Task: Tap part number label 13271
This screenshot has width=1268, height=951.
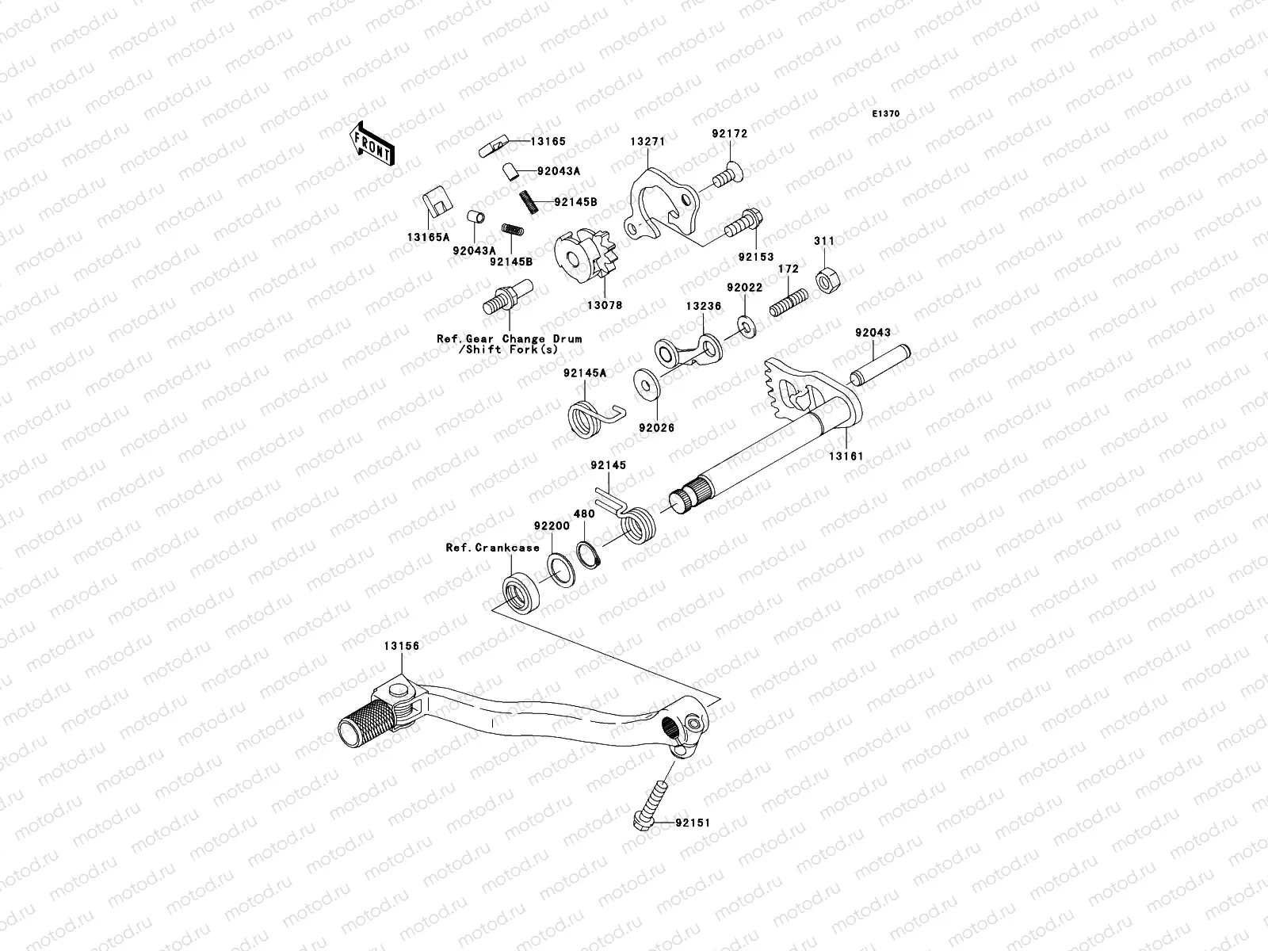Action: pos(647,141)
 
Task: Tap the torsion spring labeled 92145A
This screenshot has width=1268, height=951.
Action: pos(590,415)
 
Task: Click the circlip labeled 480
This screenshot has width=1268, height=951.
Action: pos(590,553)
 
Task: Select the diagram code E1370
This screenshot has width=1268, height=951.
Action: pos(886,114)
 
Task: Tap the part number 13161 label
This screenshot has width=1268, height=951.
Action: pos(846,456)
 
